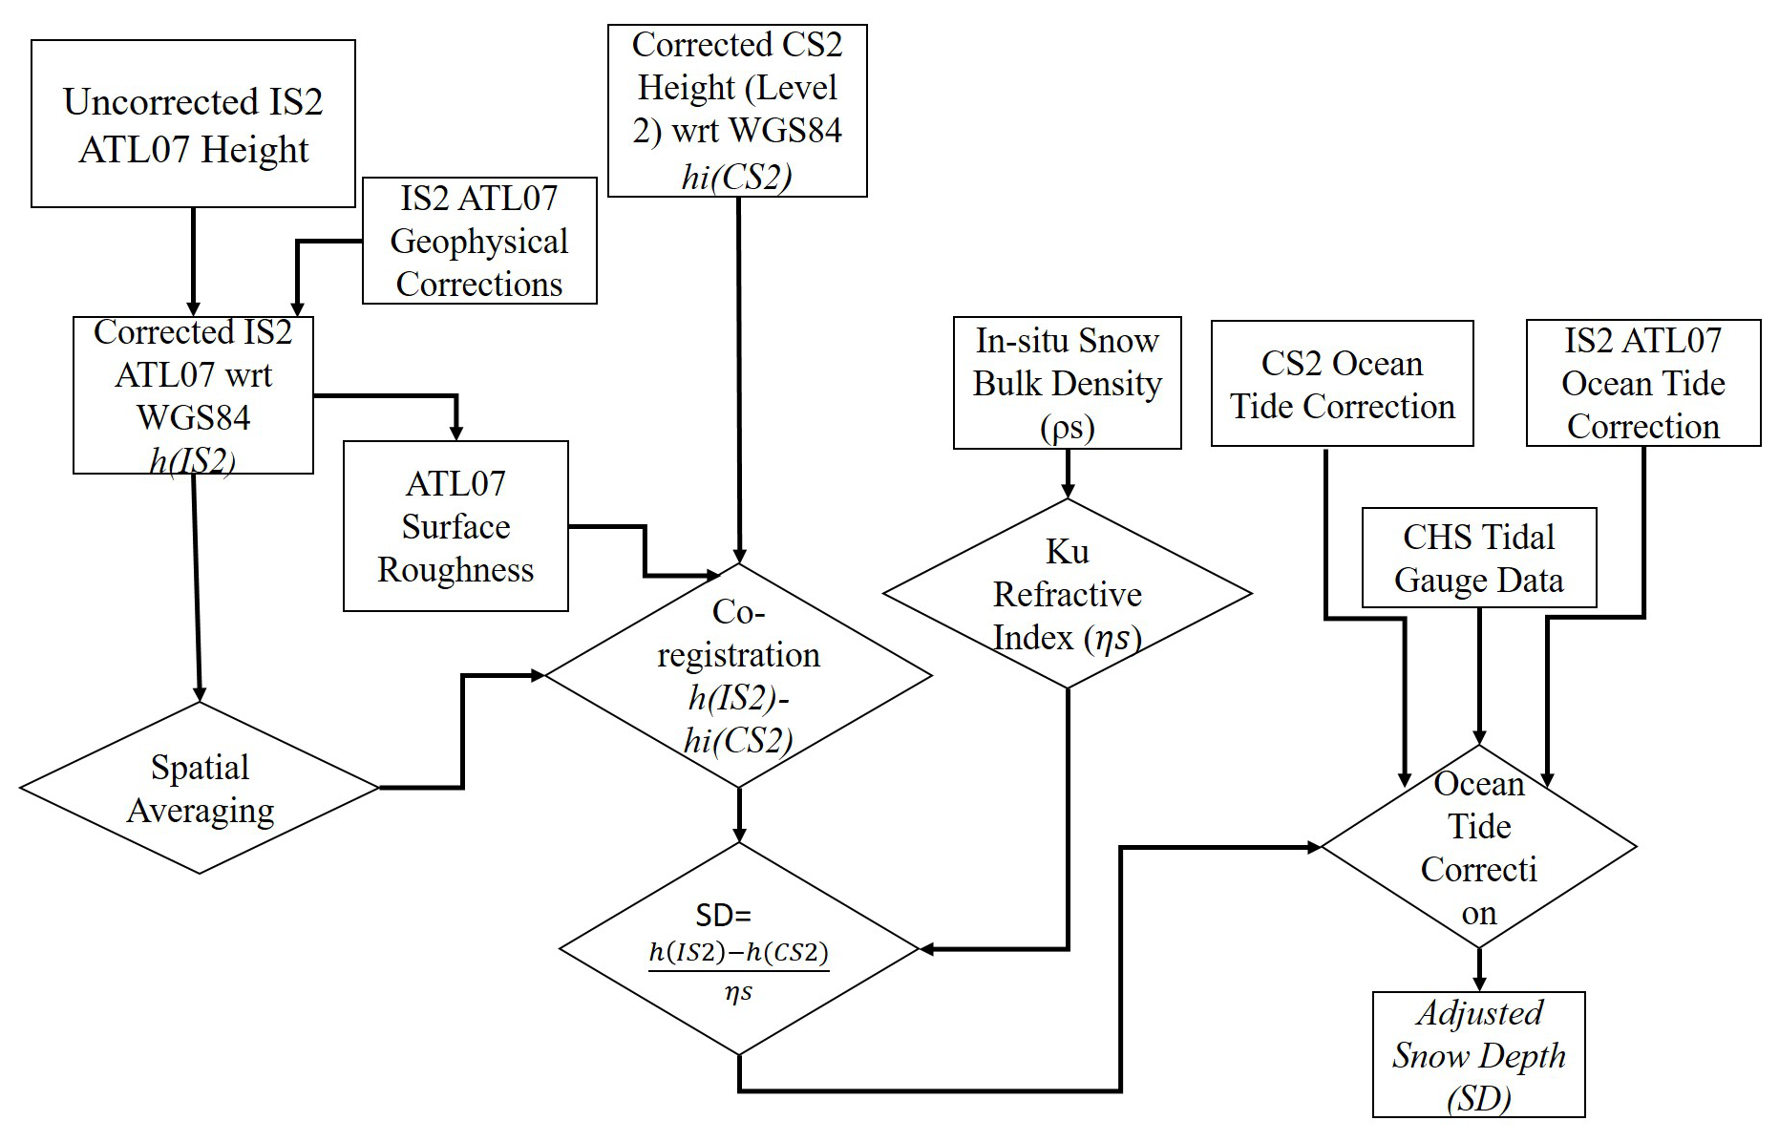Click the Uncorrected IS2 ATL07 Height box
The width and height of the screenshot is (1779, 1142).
pos(193,124)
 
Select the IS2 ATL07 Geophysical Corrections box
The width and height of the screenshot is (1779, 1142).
pos(479,241)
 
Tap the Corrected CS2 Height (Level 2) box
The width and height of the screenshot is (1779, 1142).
pos(737,111)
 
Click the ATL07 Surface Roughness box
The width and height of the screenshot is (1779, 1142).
pos(455,526)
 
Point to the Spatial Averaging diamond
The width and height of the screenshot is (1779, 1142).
pos(200,789)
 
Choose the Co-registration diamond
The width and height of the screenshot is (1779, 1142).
pos(738,676)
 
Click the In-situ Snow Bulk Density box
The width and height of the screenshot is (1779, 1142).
pos(1067,383)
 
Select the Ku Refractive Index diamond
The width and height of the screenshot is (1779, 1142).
pos(1067,593)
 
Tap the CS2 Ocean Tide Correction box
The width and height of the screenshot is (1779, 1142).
pos(1342,384)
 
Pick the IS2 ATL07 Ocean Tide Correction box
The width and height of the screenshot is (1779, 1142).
pos(1642,383)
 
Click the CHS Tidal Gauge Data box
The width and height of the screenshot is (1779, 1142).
pos(1478,558)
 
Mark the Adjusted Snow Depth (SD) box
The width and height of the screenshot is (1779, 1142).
pos(1478,1055)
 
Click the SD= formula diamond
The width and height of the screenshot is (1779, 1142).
pos(738,949)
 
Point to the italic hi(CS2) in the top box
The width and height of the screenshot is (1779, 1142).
pos(736,178)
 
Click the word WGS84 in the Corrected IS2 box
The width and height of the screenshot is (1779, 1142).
pos(193,417)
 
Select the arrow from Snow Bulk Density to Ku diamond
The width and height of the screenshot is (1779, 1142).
pos(1068,475)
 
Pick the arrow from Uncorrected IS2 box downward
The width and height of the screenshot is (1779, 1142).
pos(194,262)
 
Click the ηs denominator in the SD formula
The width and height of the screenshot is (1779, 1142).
pos(738,993)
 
